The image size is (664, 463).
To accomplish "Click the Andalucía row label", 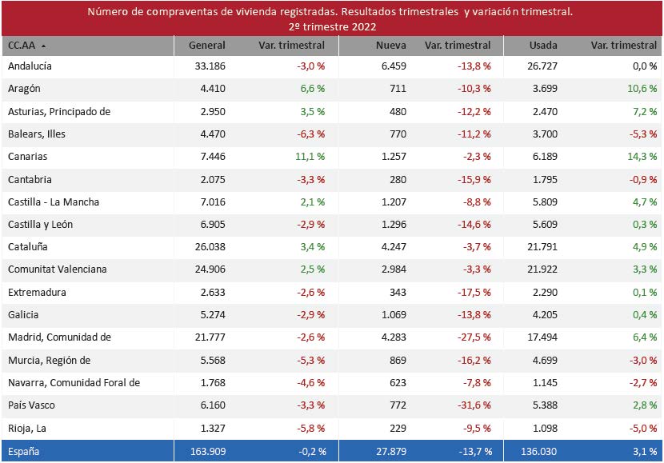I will click(30, 66).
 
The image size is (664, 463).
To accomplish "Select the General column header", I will click(206, 46).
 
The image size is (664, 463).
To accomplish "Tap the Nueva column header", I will click(390, 46).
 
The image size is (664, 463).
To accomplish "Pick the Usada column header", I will click(543, 46).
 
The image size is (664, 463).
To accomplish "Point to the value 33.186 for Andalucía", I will click(210, 66).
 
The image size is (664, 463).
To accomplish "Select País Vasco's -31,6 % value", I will click(474, 405).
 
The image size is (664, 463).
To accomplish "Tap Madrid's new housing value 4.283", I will click(392, 337).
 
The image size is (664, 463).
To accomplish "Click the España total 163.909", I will click(207, 451).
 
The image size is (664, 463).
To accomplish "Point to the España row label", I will click(24, 451).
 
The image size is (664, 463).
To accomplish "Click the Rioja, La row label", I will click(26, 428).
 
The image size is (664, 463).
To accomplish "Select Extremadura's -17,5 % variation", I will click(474, 293).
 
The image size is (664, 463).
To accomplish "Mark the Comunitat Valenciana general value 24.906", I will click(210, 269).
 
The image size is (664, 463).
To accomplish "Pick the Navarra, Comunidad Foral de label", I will click(74, 383).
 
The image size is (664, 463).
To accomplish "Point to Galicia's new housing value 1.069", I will click(392, 315).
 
